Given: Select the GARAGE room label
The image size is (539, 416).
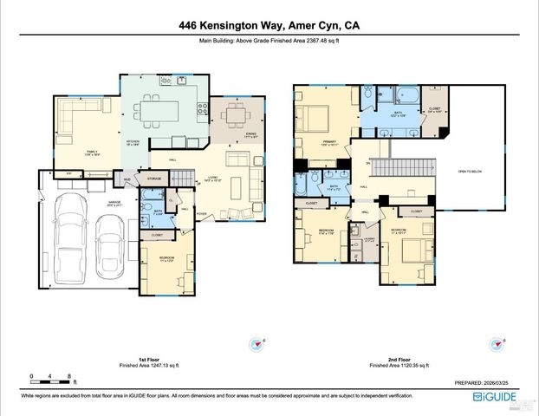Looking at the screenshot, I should [x=114, y=202].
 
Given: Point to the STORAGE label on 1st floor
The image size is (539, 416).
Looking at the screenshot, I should [x=153, y=179].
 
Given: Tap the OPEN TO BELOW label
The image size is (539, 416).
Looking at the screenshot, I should [x=470, y=172].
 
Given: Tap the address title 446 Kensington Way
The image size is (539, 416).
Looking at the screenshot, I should [x=269, y=26].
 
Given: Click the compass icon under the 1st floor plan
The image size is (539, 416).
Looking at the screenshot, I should [x=257, y=343].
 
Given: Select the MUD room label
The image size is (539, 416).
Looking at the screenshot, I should [x=127, y=179].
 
